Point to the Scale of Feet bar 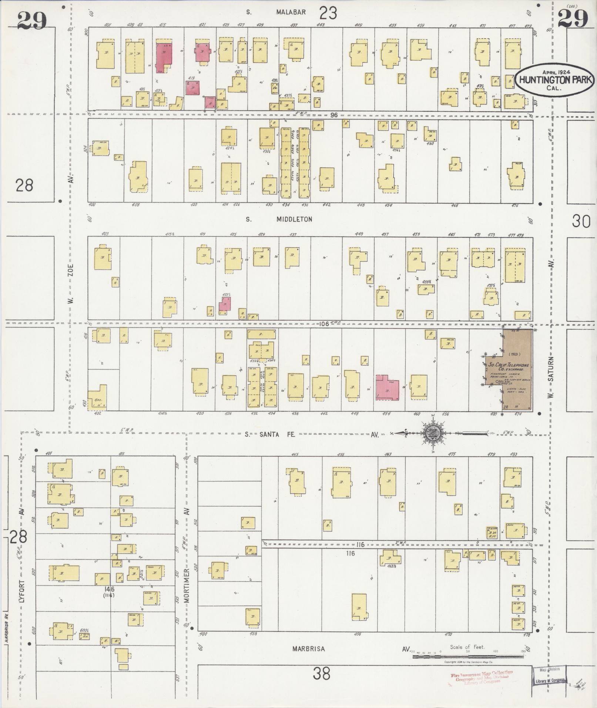pos(468,657)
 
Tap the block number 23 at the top pos(328,13)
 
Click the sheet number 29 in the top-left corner pos(32,20)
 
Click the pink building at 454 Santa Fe pos(387,387)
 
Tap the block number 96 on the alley pos(334,115)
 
